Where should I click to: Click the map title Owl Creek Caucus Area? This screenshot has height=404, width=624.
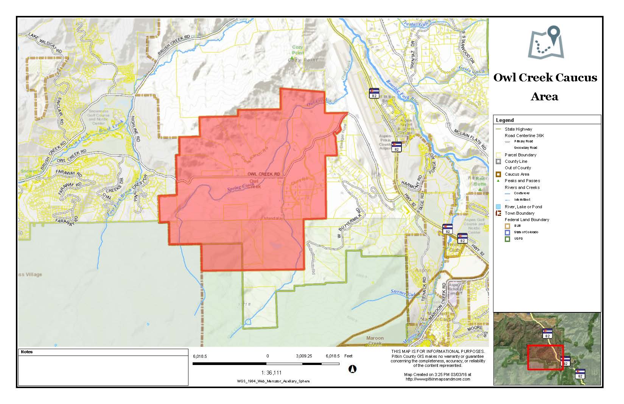[x=545, y=87]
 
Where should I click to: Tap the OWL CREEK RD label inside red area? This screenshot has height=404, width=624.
[x=264, y=174]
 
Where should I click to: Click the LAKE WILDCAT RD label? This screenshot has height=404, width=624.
[x=45, y=42]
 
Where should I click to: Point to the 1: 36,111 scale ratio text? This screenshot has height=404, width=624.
[x=271, y=373]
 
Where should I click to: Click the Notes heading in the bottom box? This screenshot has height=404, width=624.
[x=27, y=352]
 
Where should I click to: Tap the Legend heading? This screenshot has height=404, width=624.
[x=505, y=120]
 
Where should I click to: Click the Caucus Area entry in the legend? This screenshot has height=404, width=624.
[x=517, y=174]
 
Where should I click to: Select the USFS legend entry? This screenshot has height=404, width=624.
[x=518, y=239]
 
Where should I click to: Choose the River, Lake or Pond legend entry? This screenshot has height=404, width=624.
[x=523, y=207]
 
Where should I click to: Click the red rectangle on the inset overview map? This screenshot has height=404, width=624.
[x=545, y=357]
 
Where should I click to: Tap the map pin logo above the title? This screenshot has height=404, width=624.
[x=546, y=42]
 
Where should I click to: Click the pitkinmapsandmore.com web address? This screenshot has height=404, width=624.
[x=438, y=379]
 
